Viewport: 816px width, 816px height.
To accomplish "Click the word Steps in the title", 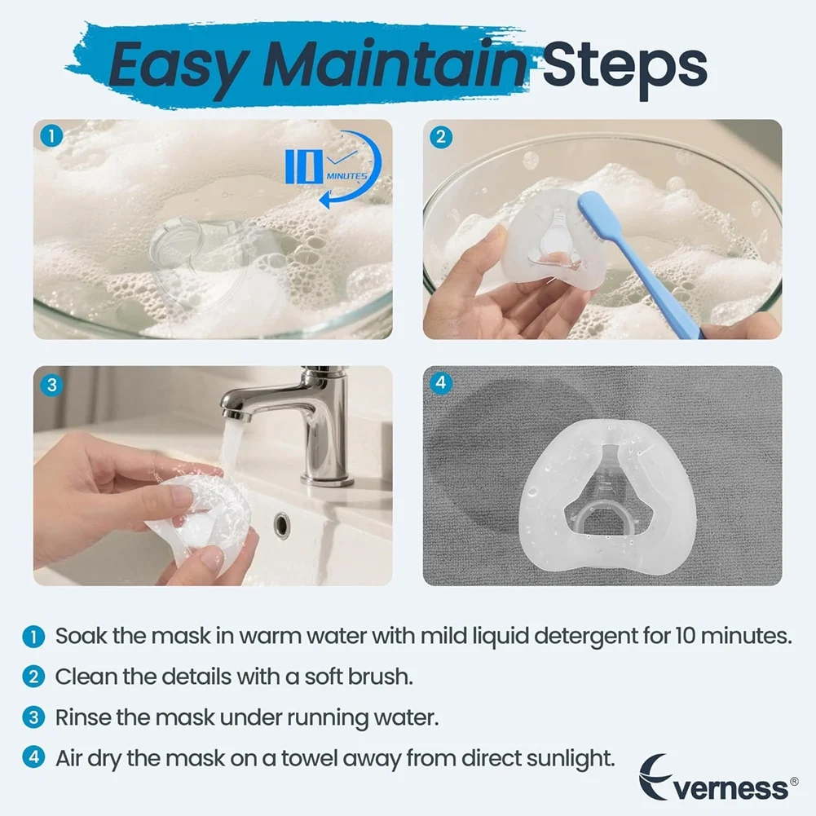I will [624, 64].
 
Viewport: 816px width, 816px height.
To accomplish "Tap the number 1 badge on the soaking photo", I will [51, 136].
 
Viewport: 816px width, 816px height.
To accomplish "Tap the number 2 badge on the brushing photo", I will [440, 136].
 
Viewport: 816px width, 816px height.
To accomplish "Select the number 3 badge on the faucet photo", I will [51, 383].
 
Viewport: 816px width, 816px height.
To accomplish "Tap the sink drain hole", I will [282, 524].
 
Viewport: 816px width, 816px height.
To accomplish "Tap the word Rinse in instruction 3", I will [82, 717].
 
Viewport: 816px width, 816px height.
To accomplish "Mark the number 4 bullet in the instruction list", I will [33, 757].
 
